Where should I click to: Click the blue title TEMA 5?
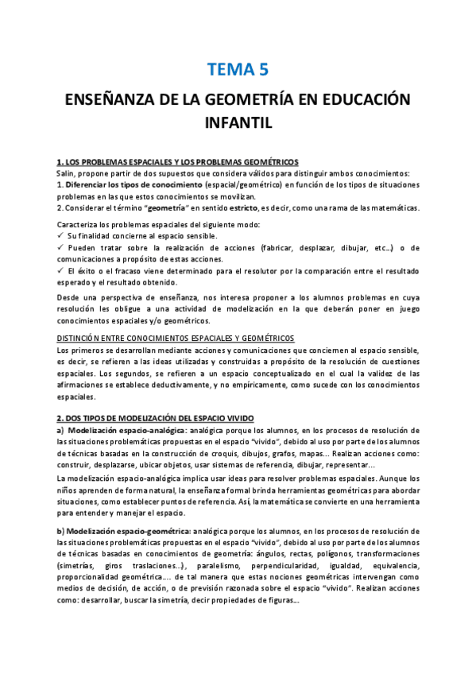point(238,69)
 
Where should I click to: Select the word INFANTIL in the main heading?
point(238,123)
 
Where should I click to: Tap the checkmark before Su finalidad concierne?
point(60,236)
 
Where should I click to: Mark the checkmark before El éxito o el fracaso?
point(60,270)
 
